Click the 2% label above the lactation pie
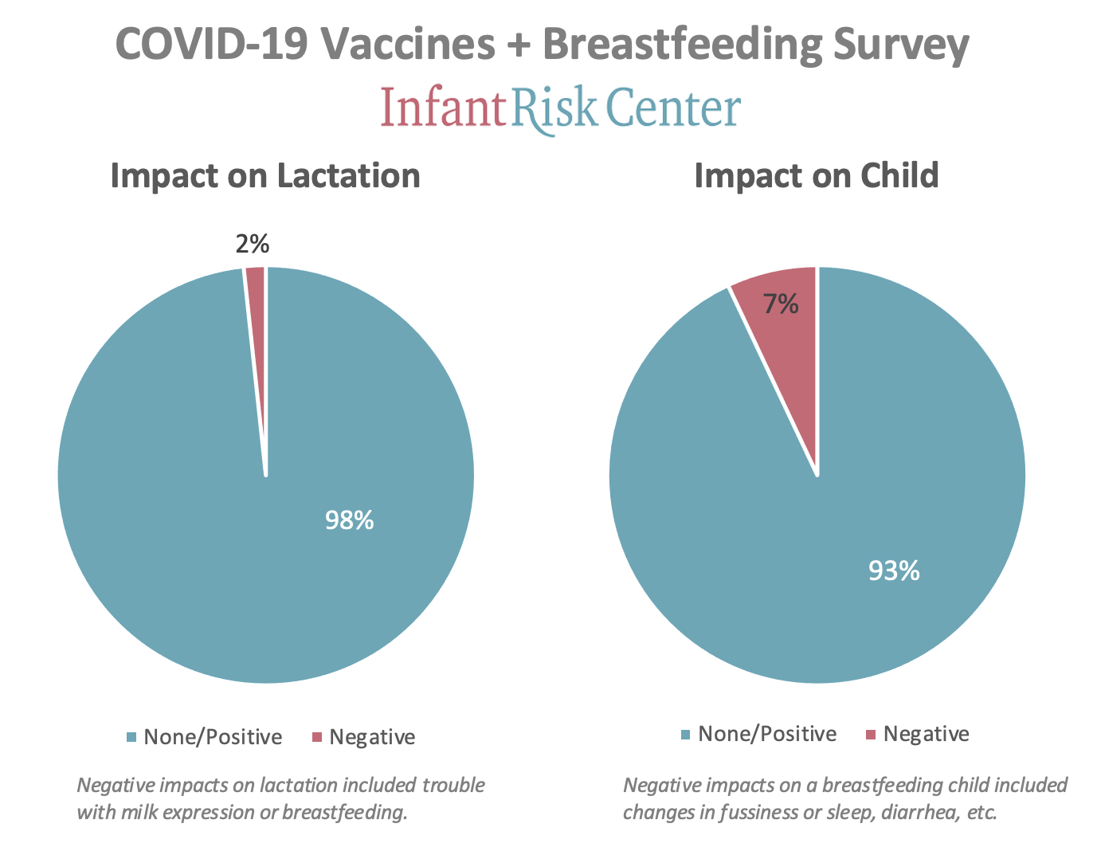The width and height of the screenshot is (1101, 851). [253, 244]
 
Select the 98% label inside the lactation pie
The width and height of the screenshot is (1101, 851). [349, 520]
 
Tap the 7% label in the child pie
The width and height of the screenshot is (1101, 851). [782, 304]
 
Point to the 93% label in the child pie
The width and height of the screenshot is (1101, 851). [894, 571]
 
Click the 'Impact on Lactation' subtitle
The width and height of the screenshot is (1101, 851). [265, 175]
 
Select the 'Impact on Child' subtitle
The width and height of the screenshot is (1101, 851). [817, 175]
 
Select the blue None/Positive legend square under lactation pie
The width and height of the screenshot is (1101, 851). [131, 737]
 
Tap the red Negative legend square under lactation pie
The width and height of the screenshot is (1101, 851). [316, 737]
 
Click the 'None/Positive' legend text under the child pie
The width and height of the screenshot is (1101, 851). [767, 734]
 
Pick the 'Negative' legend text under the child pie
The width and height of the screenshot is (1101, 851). [927, 734]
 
